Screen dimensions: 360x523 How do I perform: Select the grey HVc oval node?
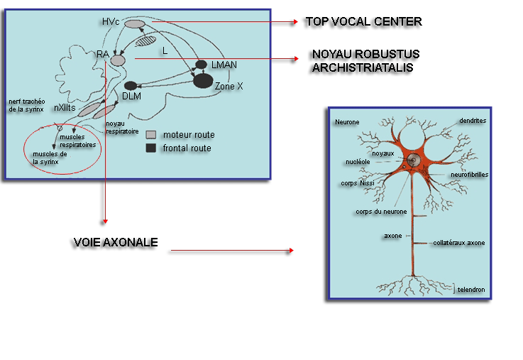click(x=135, y=25)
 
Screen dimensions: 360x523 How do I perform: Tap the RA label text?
click(x=102, y=53)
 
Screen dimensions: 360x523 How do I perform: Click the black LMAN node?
click(x=202, y=65)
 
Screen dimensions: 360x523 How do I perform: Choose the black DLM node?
click(x=130, y=86)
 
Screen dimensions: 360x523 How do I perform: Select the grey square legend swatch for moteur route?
click(x=150, y=134)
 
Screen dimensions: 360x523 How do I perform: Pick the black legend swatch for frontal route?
click(x=150, y=148)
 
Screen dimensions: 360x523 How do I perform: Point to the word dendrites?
click(x=472, y=121)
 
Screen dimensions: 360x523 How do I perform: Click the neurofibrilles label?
click(x=469, y=174)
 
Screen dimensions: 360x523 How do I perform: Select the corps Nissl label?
click(x=357, y=182)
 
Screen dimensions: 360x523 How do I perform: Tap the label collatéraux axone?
click(x=458, y=243)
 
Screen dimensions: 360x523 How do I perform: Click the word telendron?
click(x=471, y=290)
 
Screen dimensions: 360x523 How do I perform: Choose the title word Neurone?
click(x=346, y=122)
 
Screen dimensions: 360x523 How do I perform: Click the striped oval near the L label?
click(x=145, y=41)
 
